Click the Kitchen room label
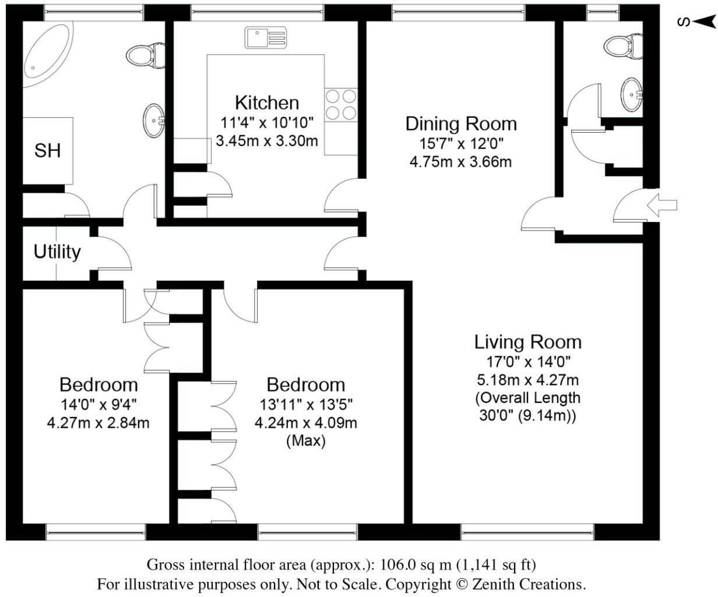267,103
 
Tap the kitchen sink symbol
266,38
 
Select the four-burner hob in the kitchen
341,104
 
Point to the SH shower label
47,151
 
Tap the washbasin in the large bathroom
154,121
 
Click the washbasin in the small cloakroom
632,93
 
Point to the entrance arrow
663,204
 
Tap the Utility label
57,252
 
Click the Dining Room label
461,124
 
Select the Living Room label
527,342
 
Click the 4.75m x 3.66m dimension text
460,161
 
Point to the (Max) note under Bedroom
306,441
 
